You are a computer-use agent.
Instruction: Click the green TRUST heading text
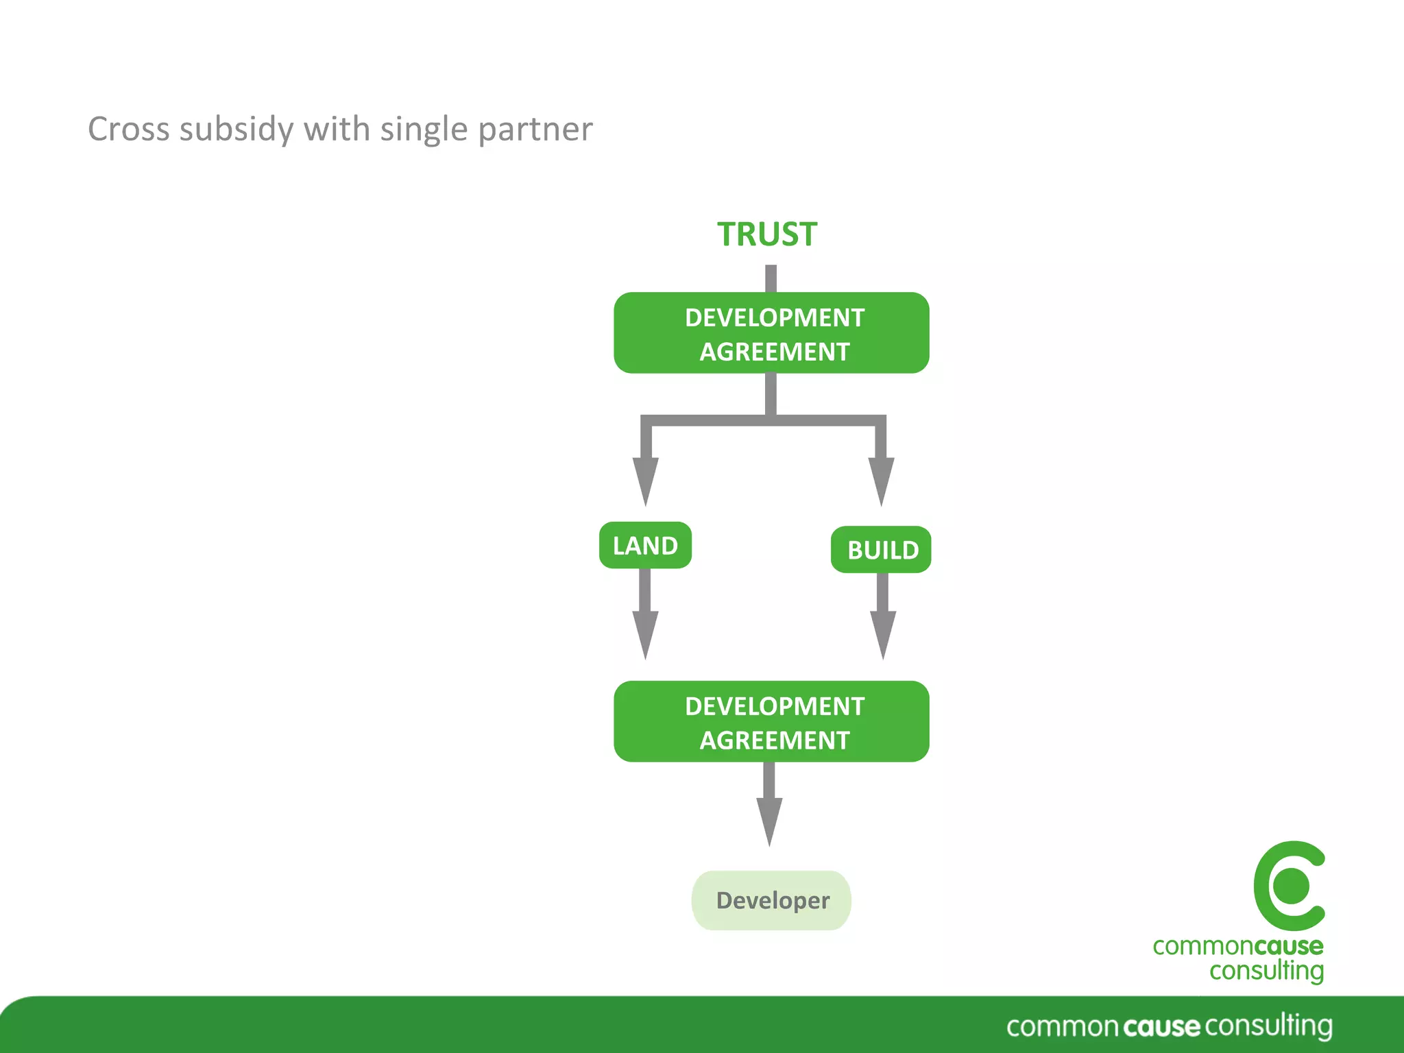click(x=767, y=234)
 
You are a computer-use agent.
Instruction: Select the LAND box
click(x=645, y=546)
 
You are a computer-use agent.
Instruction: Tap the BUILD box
click(x=882, y=550)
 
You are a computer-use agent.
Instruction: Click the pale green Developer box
click(x=771, y=900)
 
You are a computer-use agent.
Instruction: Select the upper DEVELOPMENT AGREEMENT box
click(x=771, y=333)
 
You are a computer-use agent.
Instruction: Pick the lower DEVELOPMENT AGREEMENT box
click(x=771, y=721)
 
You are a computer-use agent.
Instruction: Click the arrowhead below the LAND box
click(x=645, y=634)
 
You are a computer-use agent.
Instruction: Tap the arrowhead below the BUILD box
click(x=883, y=634)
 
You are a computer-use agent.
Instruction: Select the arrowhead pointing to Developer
click(x=769, y=821)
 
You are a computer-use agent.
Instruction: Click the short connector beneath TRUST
click(x=771, y=279)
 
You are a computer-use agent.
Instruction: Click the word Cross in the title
click(x=128, y=129)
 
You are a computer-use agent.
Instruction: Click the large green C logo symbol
click(x=1289, y=886)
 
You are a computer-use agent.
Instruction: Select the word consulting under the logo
click(x=1266, y=971)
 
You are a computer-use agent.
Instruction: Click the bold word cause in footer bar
click(x=1161, y=1027)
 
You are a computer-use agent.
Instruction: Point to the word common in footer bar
click(x=1062, y=1027)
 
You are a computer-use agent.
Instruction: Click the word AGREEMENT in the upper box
click(x=774, y=352)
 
